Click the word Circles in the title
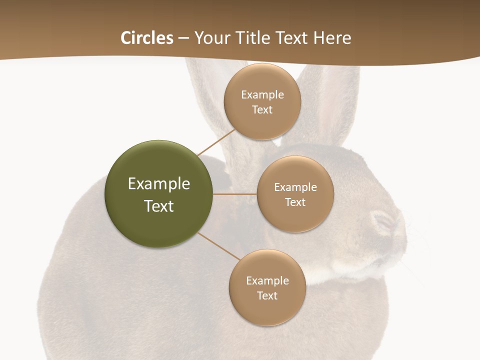147,38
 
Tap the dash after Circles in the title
183,38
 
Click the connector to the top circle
216,141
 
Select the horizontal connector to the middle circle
234,194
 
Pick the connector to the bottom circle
218,246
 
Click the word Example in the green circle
159,184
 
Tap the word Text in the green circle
159,206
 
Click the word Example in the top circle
262,94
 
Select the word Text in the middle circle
295,202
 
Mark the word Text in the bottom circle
267,295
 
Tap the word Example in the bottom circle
267,280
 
